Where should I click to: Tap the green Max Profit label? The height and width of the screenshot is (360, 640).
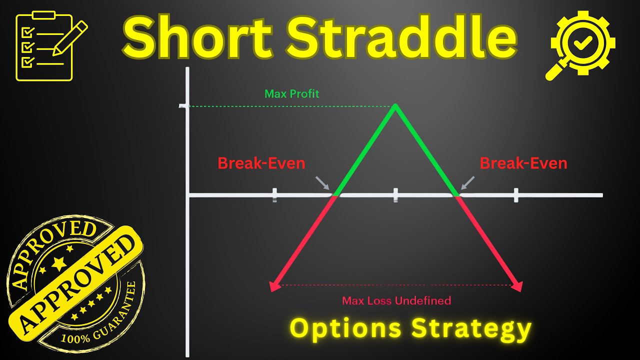[x=291, y=93]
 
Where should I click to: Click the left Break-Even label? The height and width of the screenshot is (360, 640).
[x=261, y=163]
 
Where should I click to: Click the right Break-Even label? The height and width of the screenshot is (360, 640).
[x=523, y=163]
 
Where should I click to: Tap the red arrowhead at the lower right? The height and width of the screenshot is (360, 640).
[x=517, y=286]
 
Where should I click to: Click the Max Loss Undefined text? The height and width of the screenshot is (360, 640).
[x=396, y=300]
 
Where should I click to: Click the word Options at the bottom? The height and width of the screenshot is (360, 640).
[x=345, y=328]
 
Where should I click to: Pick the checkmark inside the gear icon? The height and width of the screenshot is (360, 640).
[x=582, y=44]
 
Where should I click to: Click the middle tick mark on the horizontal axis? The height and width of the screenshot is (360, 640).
[x=395, y=195]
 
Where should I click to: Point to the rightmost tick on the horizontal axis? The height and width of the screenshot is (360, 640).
[x=516, y=195]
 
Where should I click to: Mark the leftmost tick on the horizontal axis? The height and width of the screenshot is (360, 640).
[x=274, y=195]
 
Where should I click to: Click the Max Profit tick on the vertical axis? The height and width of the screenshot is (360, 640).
[x=184, y=106]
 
